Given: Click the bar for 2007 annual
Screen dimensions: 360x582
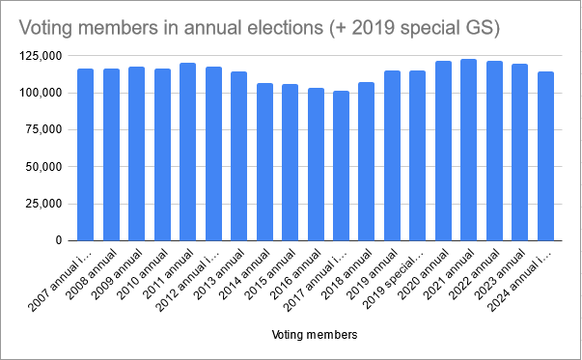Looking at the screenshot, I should tap(86, 154).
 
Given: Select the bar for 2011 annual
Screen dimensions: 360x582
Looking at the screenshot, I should tap(187, 152).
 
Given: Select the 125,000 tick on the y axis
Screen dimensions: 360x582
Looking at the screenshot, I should tap(42, 56).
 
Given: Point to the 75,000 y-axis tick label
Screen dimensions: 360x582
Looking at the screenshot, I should tap(45, 129).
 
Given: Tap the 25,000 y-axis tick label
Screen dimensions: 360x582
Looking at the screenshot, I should tap(45, 204).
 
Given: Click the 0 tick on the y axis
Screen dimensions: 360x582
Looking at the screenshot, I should tap(60, 240).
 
